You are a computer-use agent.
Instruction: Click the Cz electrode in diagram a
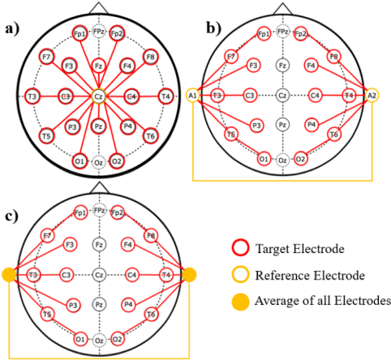click(97, 96)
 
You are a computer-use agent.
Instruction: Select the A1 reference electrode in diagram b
click(192, 95)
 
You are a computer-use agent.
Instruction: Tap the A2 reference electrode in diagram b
click(372, 95)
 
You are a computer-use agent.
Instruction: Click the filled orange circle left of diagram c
click(9, 276)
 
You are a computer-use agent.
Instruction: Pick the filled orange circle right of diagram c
click(190, 276)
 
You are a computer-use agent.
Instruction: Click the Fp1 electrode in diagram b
click(264, 34)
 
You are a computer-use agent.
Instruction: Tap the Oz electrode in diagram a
click(97, 161)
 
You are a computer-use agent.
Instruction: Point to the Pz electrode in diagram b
click(282, 125)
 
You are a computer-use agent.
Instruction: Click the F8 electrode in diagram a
click(151, 58)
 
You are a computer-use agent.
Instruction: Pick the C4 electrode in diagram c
click(130, 276)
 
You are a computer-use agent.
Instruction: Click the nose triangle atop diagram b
click(282, 6)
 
